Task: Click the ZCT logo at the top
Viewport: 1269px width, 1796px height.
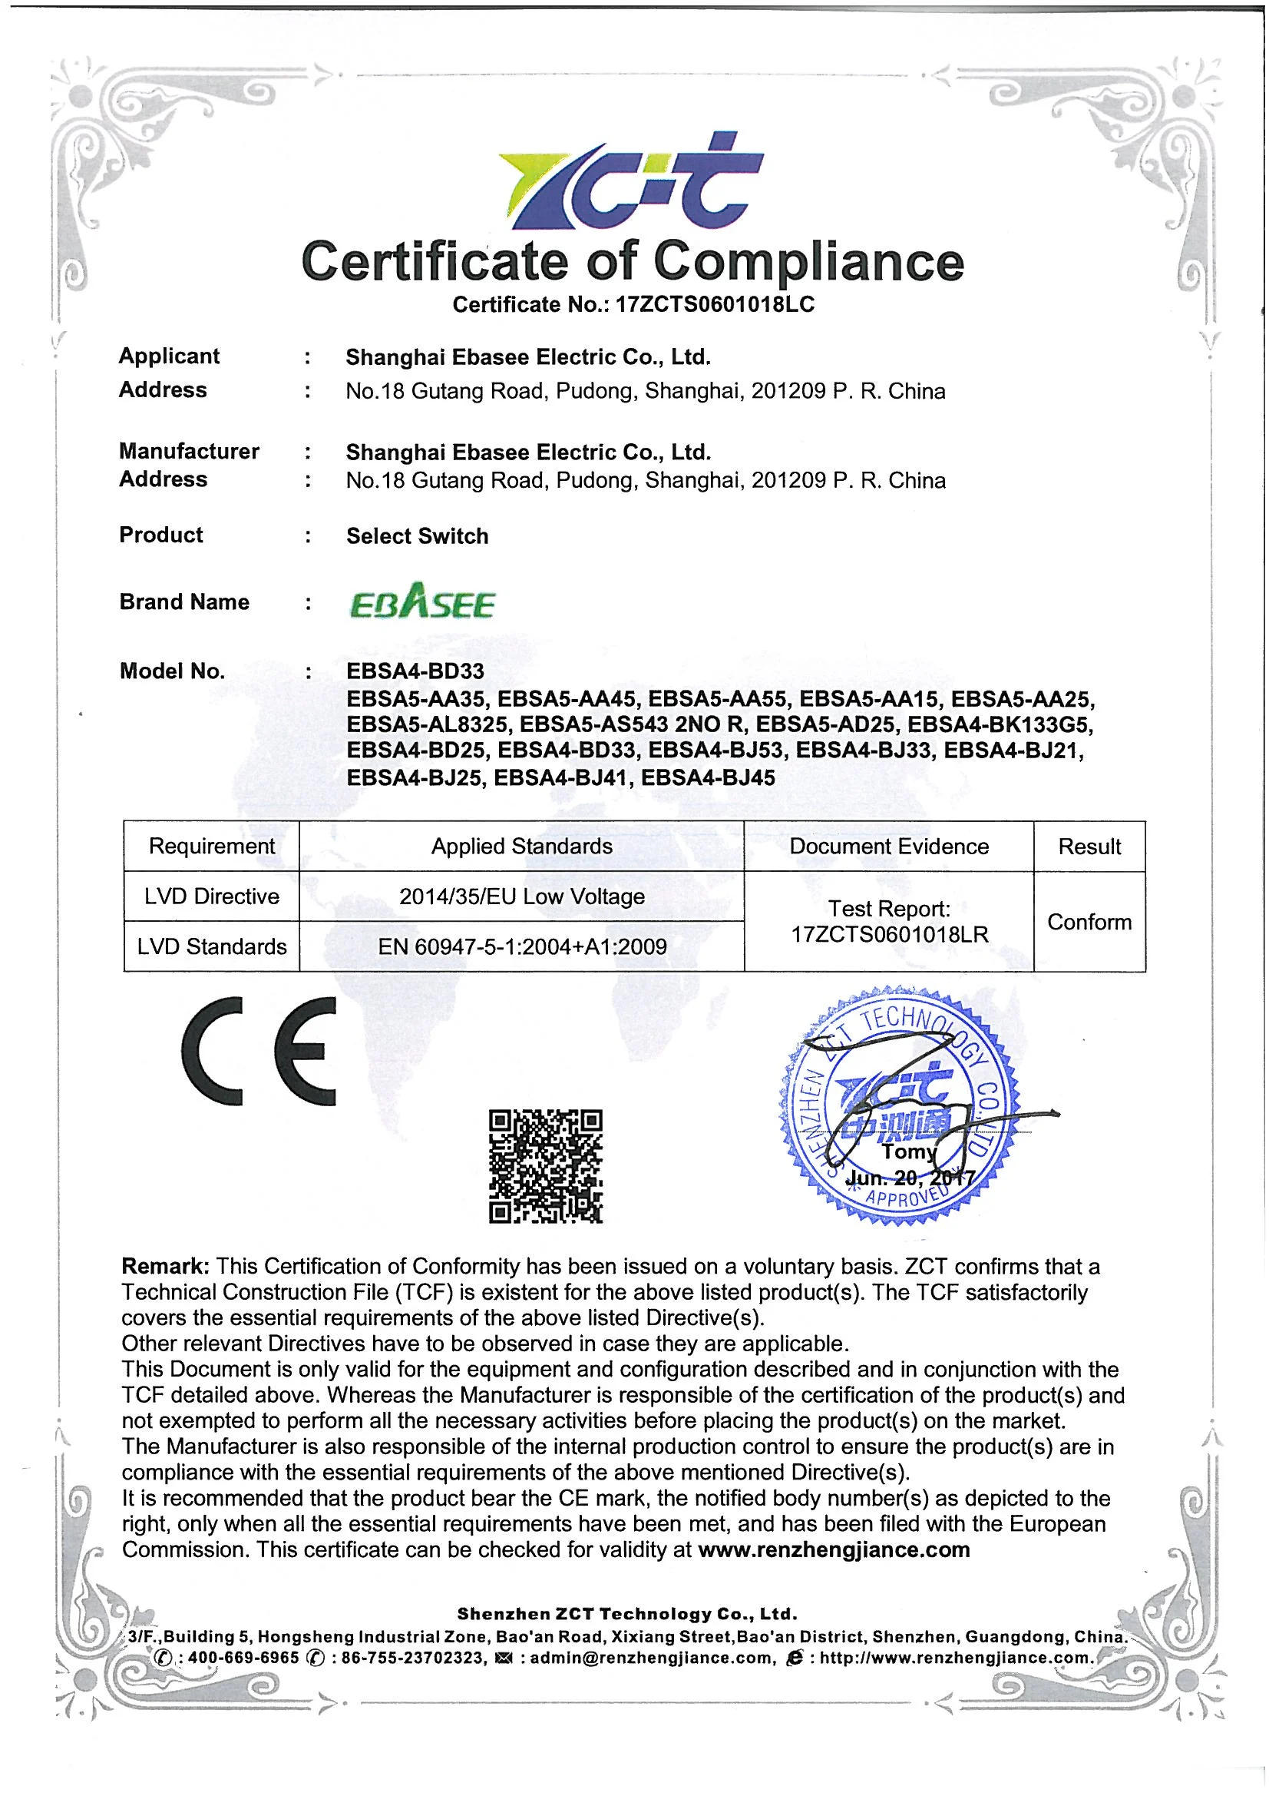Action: [x=630, y=182]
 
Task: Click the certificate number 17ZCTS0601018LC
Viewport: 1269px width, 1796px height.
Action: [x=715, y=304]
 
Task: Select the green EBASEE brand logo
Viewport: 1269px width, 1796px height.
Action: [x=421, y=602]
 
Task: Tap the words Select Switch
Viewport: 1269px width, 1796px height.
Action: [x=418, y=537]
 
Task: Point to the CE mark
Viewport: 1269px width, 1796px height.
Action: [x=259, y=1051]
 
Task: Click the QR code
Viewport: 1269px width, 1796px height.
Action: [x=546, y=1166]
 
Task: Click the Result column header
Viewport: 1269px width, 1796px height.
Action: [x=1089, y=847]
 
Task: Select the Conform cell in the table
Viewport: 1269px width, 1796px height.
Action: [x=1089, y=923]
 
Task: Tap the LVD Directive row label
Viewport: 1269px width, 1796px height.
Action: [x=212, y=896]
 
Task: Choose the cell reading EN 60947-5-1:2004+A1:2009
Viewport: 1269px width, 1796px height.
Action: [x=522, y=947]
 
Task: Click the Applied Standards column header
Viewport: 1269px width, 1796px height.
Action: [x=521, y=847]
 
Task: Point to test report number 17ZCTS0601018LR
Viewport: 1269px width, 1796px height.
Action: [x=890, y=935]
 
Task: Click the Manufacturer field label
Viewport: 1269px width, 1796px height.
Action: [x=189, y=452]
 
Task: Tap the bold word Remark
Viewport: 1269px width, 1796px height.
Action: [x=165, y=1267]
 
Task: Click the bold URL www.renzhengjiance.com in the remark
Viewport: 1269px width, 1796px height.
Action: [x=834, y=1549]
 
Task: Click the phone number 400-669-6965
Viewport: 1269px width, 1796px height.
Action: [x=244, y=1658]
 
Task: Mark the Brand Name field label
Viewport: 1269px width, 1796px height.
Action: [x=184, y=602]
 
